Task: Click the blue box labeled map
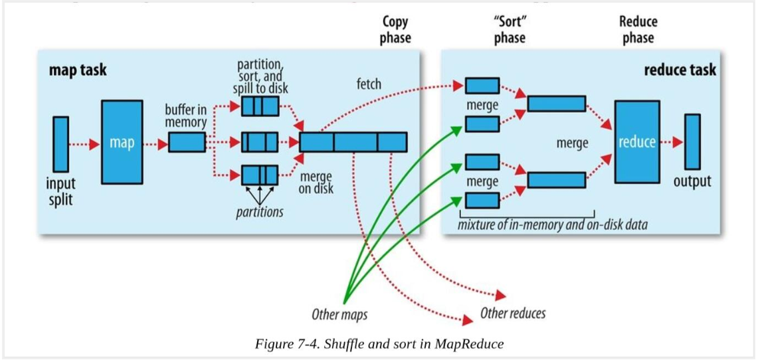[x=122, y=141]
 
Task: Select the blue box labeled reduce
[x=636, y=141]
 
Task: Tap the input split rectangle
[x=60, y=141]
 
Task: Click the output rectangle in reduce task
[x=692, y=141]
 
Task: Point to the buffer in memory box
[x=187, y=142]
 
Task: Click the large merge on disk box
[x=353, y=142]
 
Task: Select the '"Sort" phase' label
[x=510, y=29]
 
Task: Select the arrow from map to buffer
[x=155, y=142]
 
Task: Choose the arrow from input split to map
[x=84, y=142]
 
